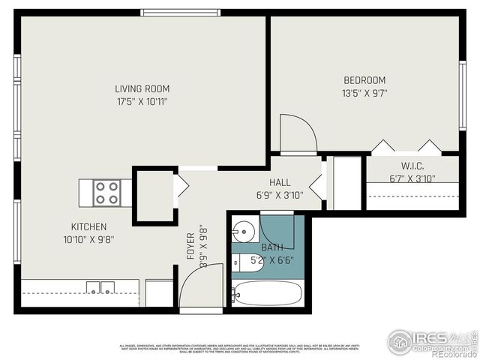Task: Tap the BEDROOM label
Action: pos(364,81)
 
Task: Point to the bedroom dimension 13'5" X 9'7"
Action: pos(364,94)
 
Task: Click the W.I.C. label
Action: pos(412,166)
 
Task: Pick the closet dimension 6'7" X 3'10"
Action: pos(412,178)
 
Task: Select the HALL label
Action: pos(280,182)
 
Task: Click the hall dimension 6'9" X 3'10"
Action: pos(280,195)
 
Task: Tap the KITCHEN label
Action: pos(88,226)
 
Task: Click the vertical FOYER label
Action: pos(190,247)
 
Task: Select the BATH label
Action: pos(271,247)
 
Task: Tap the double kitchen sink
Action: pos(100,287)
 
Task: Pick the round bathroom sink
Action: pos(243,229)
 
